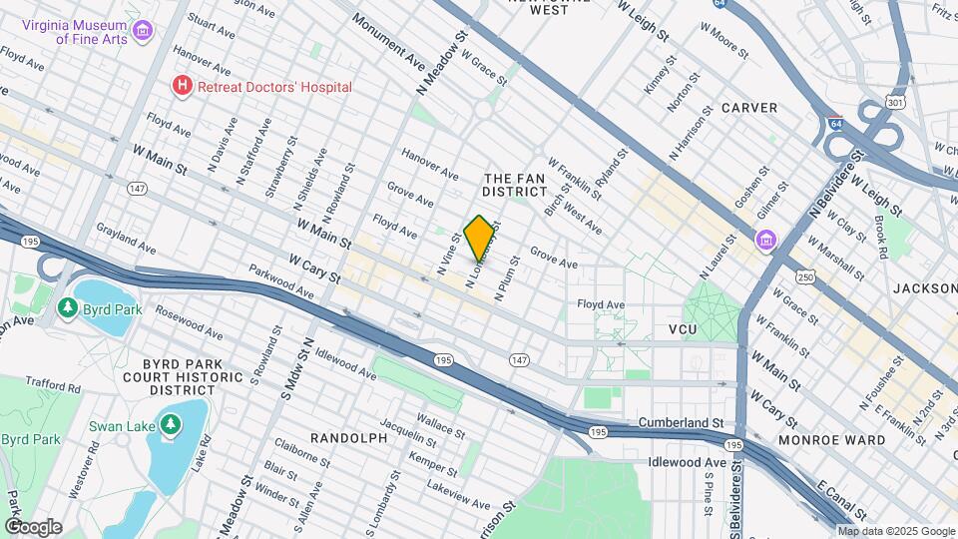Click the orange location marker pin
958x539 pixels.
pos(479,238)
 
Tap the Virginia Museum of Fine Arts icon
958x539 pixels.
pos(143,31)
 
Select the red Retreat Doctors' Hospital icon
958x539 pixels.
pos(182,87)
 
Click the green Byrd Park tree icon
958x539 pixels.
pos(68,308)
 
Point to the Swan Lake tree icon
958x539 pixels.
pos(171,426)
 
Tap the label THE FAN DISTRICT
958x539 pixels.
pos(512,183)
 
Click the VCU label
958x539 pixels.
pos(682,328)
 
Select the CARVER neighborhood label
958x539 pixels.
pos(748,108)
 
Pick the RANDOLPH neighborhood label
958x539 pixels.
pos(347,438)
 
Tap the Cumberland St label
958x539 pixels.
pos(681,423)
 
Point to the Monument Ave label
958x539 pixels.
pos(388,37)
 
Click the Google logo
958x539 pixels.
pos(33,527)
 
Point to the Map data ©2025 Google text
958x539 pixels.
pos(895,531)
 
